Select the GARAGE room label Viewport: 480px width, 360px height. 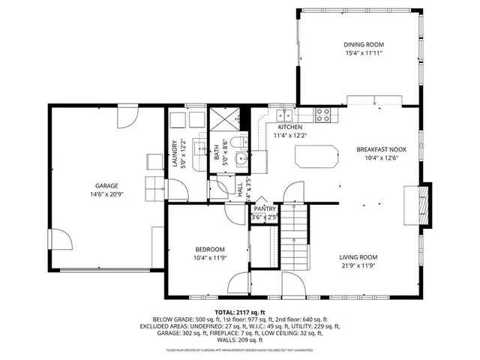pyautogui.click(x=106, y=186)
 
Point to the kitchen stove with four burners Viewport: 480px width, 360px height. pyautogui.click(x=322, y=115)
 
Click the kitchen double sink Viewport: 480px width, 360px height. pyautogui.click(x=286, y=115)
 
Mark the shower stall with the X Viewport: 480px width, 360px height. pyautogui.click(x=226, y=118)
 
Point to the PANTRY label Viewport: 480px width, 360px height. pyautogui.click(x=264, y=209)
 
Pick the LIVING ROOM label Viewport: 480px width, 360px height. pyautogui.click(x=358, y=257)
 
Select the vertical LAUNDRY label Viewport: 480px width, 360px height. pyautogui.click(x=175, y=154)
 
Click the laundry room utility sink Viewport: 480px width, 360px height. pyautogui.click(x=199, y=148)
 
